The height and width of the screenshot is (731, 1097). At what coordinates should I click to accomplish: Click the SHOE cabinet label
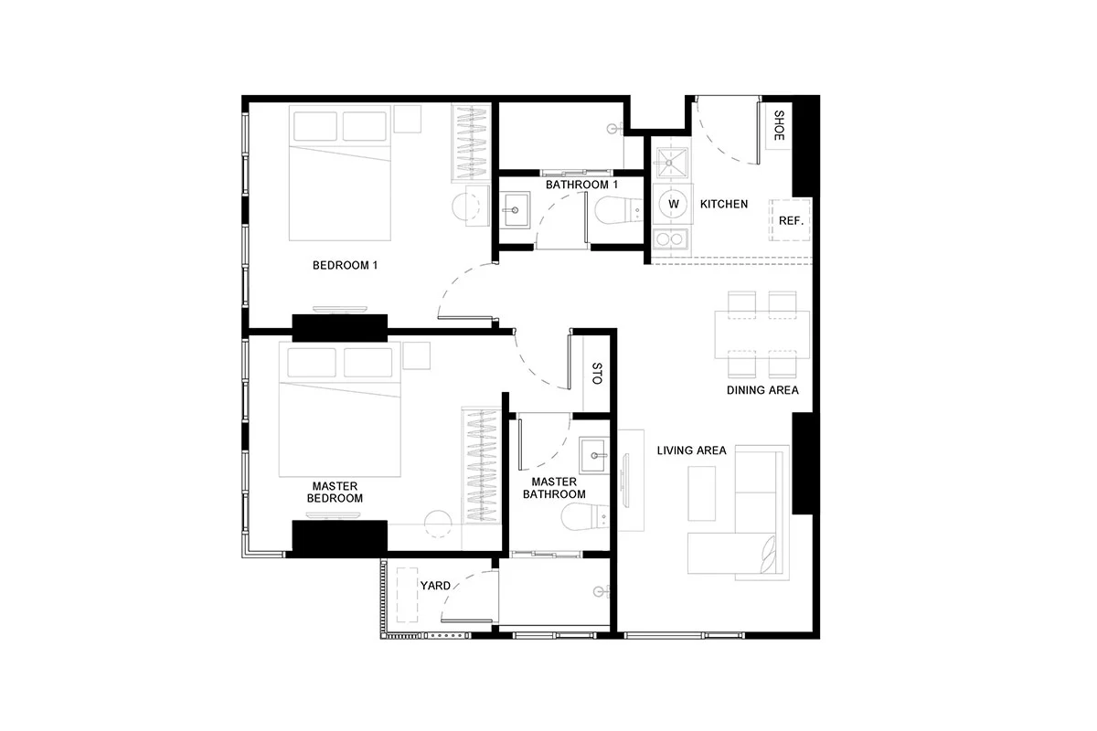[779, 125]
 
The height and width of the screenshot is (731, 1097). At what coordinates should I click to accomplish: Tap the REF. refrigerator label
[791, 221]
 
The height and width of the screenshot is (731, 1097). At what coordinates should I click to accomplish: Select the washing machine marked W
[674, 204]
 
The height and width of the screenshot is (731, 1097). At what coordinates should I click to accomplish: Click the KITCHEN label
[724, 204]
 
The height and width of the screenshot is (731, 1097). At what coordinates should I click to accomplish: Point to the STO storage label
[596, 374]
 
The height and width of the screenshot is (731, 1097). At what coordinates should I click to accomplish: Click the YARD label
[435, 586]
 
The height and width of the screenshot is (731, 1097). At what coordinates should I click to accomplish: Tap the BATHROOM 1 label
[581, 185]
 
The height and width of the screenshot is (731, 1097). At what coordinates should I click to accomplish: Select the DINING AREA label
[762, 390]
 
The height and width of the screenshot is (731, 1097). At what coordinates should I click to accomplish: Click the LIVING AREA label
[691, 450]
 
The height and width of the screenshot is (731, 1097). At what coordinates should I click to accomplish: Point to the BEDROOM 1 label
[345, 265]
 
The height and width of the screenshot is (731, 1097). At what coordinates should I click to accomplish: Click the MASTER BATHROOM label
[554, 488]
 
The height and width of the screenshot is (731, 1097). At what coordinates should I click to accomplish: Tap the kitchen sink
[669, 163]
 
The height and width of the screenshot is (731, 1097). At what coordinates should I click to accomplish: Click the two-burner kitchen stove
[670, 239]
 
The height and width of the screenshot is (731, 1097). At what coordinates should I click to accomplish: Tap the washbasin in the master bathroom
[593, 455]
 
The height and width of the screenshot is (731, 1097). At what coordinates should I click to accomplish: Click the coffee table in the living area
[701, 493]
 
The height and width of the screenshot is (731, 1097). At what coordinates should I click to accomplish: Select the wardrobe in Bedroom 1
[471, 143]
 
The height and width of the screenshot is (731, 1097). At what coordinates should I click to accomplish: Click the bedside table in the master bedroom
[416, 355]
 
